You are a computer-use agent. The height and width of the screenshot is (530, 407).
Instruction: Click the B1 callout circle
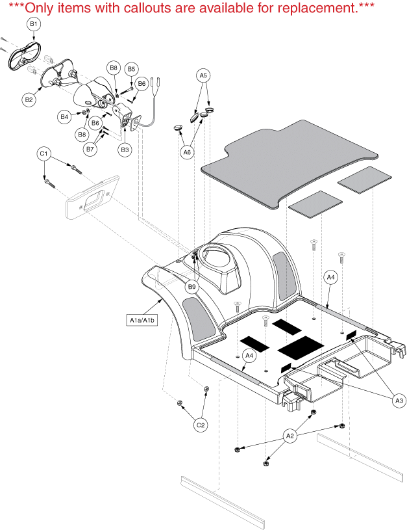pos(34,23)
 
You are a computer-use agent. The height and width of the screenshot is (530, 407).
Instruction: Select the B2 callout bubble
pos(29,99)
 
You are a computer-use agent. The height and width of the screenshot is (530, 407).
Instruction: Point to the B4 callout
pos(64,116)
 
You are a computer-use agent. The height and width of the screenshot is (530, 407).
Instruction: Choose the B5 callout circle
pos(131,68)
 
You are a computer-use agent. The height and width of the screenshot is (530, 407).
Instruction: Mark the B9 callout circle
pos(191,286)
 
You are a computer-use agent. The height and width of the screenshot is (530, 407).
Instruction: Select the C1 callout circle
pos(44,153)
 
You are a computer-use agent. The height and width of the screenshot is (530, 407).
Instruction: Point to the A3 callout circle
pos(399,401)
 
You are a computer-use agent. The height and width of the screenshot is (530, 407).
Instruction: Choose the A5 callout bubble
pos(203,75)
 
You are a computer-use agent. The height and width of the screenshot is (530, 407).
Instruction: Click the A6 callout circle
pos(187,152)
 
